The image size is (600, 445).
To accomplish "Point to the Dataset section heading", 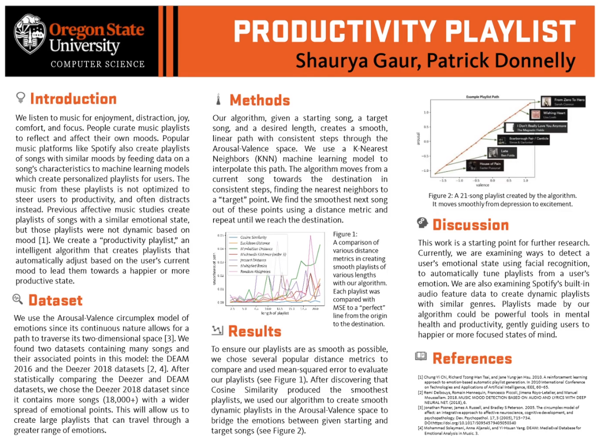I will [x=55, y=300].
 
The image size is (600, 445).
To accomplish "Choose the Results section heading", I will [x=254, y=331].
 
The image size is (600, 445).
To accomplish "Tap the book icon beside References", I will [x=421, y=357].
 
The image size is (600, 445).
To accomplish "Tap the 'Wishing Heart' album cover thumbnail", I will [x=534, y=115].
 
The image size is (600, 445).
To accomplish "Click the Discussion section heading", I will [x=470, y=225].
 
